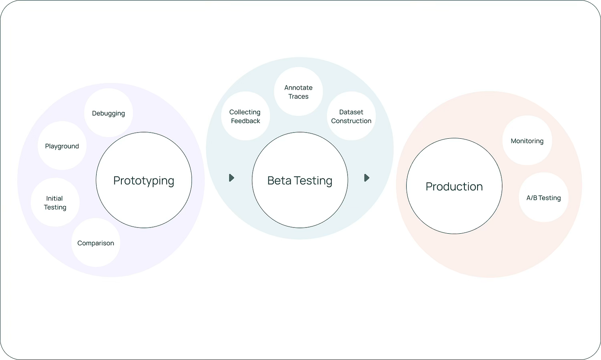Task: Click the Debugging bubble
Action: (x=109, y=113)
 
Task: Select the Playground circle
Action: (x=62, y=146)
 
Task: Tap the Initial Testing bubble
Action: (x=55, y=203)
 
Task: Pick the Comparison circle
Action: (x=96, y=243)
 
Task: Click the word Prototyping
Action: (x=144, y=180)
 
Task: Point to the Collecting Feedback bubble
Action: (x=245, y=116)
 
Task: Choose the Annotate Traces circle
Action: (x=298, y=92)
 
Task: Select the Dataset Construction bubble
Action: (x=351, y=116)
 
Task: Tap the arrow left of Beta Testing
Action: (x=232, y=178)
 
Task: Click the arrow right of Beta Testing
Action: (x=367, y=178)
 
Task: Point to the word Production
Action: (x=454, y=186)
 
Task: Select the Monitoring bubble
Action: (x=527, y=141)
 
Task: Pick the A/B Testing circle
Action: (x=543, y=198)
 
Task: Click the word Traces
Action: (x=298, y=97)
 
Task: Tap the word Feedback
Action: (x=246, y=121)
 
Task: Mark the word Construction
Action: (x=351, y=121)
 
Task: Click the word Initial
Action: (x=54, y=198)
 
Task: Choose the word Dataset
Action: (x=351, y=112)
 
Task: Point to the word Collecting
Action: (x=245, y=112)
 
